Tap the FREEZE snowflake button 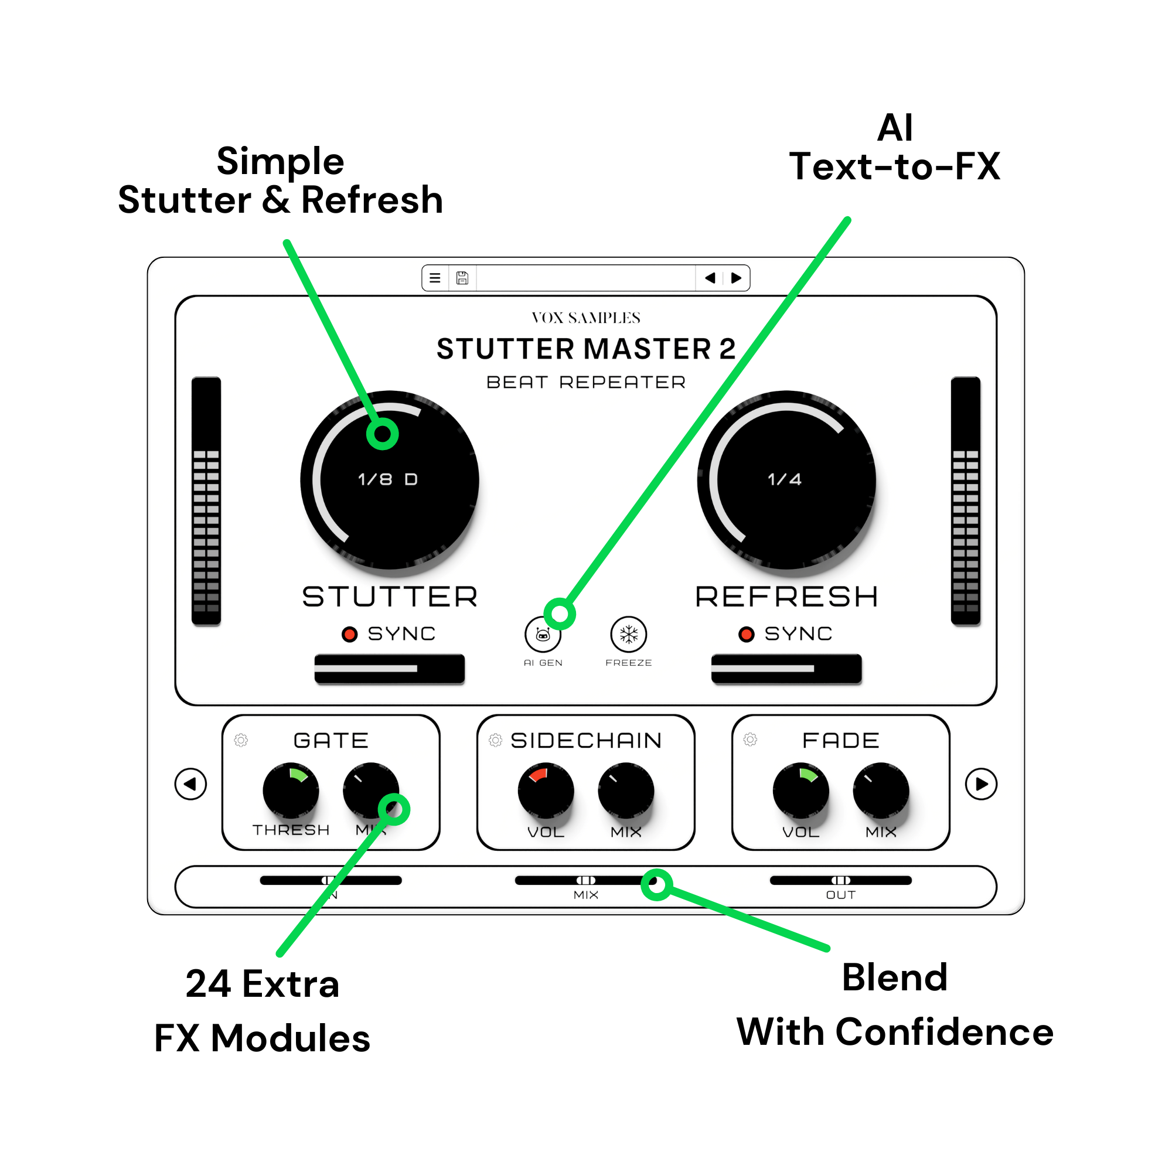[x=628, y=635]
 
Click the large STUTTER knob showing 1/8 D [x=390, y=480]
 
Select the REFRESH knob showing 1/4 [x=786, y=480]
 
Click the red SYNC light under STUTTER [x=349, y=635]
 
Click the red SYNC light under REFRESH [x=746, y=635]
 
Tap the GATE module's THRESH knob [x=291, y=791]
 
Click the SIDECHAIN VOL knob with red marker [x=546, y=791]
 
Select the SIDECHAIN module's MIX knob [x=626, y=791]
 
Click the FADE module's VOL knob [x=800, y=791]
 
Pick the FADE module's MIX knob [x=881, y=791]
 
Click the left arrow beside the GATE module [x=190, y=783]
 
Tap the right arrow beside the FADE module [x=981, y=783]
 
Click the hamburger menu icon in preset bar [x=435, y=278]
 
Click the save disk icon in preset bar [x=462, y=278]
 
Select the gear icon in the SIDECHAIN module [x=496, y=740]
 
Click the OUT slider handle [x=841, y=880]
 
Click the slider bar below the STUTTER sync [x=390, y=669]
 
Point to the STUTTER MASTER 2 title [x=586, y=349]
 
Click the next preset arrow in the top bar [x=736, y=278]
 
